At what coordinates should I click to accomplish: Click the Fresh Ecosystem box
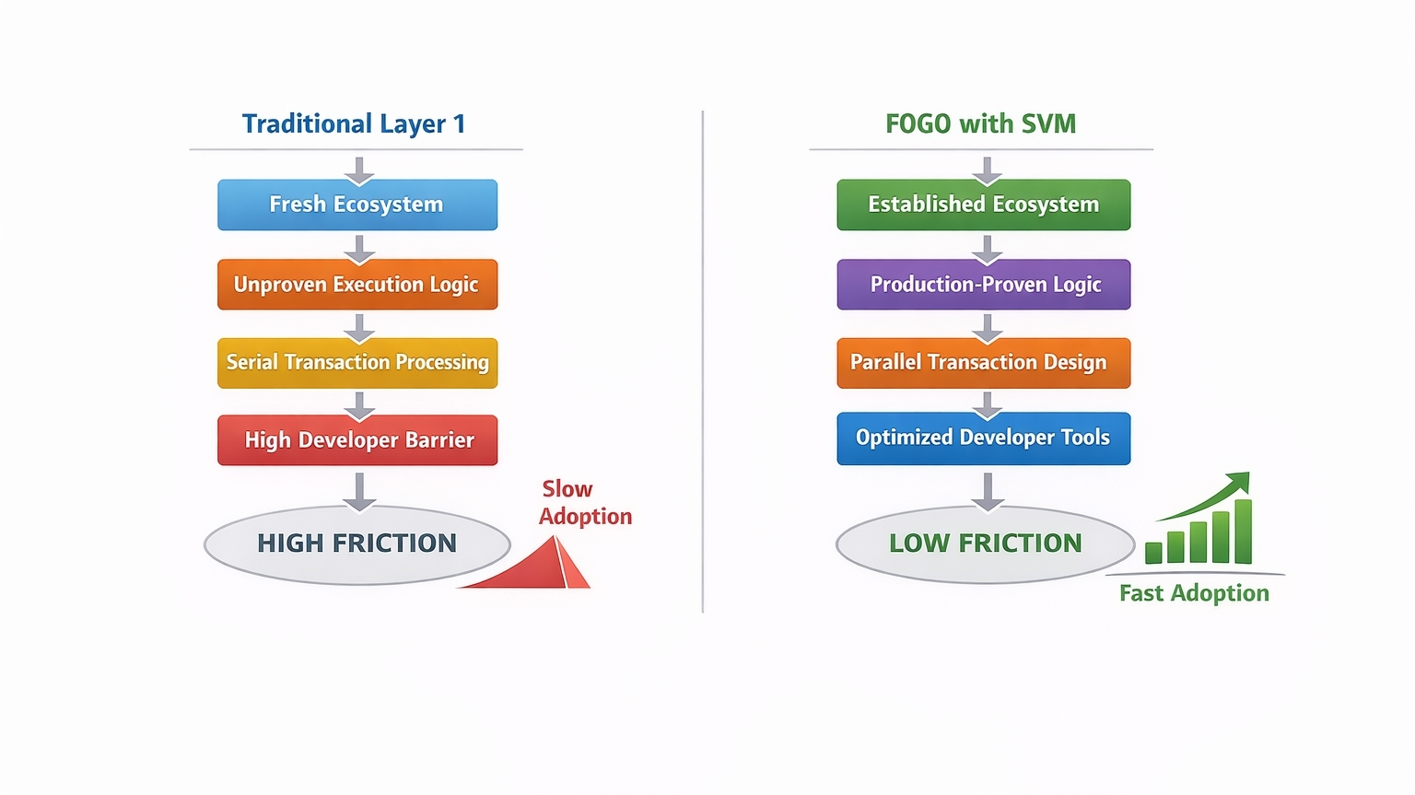click(x=357, y=205)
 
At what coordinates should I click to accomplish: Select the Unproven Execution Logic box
click(x=357, y=284)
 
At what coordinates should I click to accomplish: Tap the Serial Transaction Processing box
click(x=357, y=363)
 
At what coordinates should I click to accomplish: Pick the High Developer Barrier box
click(x=357, y=440)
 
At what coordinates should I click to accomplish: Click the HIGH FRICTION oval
click(x=357, y=545)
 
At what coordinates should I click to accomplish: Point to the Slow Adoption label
click(x=585, y=503)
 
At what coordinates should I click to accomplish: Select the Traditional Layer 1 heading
click(x=354, y=123)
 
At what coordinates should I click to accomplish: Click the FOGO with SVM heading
click(x=980, y=123)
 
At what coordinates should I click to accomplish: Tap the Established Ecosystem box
click(x=984, y=205)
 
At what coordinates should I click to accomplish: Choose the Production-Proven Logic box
click(x=984, y=284)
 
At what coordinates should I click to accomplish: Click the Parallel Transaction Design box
click(x=984, y=363)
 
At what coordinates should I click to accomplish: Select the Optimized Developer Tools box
click(x=984, y=438)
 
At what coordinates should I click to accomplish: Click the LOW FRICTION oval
click(x=986, y=544)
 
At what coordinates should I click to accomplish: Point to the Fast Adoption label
click(x=1194, y=593)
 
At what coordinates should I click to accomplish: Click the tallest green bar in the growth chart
click(x=1243, y=532)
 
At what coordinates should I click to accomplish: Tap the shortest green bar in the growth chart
click(x=1153, y=553)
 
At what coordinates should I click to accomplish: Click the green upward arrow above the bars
click(x=1204, y=497)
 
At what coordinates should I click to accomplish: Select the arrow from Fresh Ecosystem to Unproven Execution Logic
click(x=359, y=250)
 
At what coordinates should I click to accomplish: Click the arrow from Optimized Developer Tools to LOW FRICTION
click(x=988, y=492)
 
